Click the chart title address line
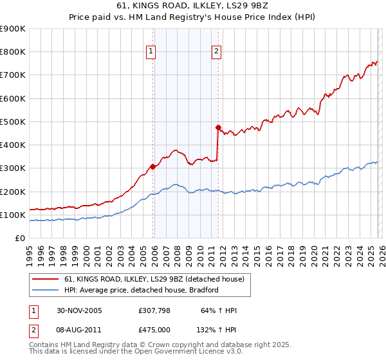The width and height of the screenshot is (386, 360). point(192,6)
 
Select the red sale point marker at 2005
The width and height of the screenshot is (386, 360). point(153,166)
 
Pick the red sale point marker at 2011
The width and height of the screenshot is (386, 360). point(218,127)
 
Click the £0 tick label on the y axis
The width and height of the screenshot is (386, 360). point(20,238)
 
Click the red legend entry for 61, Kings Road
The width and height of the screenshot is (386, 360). point(154,280)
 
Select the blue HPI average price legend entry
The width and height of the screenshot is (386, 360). point(142,290)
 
